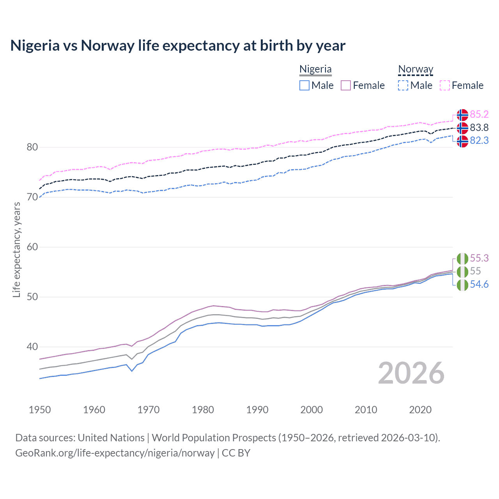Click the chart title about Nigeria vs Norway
pyautogui.click(x=178, y=46)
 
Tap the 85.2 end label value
pyautogui.click(x=479, y=114)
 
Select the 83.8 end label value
pyautogui.click(x=479, y=127)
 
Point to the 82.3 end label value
pyautogui.click(x=479, y=140)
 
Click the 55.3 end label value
pyautogui.click(x=479, y=258)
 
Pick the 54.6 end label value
pyautogui.click(x=479, y=284)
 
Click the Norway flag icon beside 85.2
pyautogui.click(x=462, y=115)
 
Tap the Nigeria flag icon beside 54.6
pyautogui.click(x=462, y=285)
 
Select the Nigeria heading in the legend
pyautogui.click(x=315, y=69)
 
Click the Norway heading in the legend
pyautogui.click(x=416, y=69)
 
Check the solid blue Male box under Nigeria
pyautogui.click(x=304, y=85)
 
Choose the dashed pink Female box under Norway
pyautogui.click(x=445, y=85)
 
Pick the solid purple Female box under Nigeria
pyautogui.click(x=346, y=85)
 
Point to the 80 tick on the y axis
pyautogui.click(x=32, y=147)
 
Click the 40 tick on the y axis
pyautogui.click(x=32, y=347)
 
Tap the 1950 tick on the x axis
pyautogui.click(x=40, y=410)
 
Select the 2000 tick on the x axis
pyautogui.click(x=311, y=410)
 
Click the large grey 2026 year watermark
pyautogui.click(x=411, y=373)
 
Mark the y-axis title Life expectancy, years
pyautogui.click(x=16, y=249)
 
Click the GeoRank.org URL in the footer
pyautogui.click(x=115, y=453)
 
